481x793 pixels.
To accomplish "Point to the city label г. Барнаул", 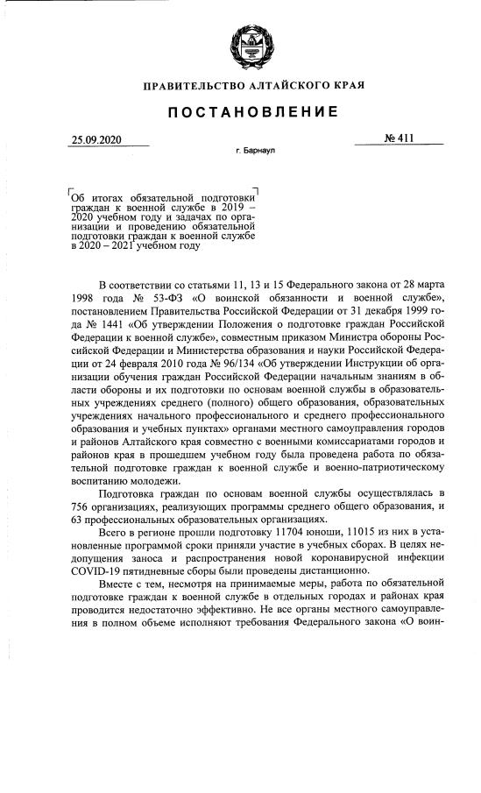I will coord(255,152).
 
